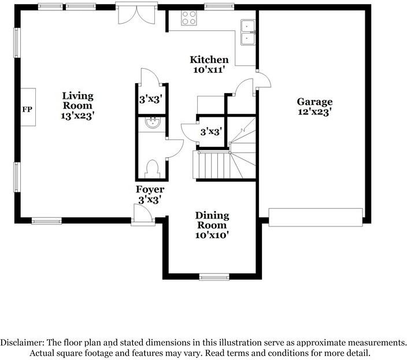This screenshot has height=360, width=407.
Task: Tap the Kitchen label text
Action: tap(209, 60)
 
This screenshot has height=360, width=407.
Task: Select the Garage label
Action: tap(314, 102)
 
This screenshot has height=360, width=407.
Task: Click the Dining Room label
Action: tap(213, 220)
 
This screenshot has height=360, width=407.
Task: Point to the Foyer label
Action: tap(150, 190)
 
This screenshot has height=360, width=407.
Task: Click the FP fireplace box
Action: tap(27, 109)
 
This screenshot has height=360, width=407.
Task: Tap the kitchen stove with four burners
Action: tap(189, 17)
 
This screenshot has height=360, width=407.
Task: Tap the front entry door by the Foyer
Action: tap(142, 216)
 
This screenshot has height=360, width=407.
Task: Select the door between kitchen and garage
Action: tap(262, 80)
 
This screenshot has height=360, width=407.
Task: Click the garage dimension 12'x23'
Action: tap(314, 113)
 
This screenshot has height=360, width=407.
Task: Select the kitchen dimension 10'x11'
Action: tap(209, 69)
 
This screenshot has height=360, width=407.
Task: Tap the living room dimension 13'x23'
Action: tap(77, 116)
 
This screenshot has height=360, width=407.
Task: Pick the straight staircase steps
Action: tap(212, 165)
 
